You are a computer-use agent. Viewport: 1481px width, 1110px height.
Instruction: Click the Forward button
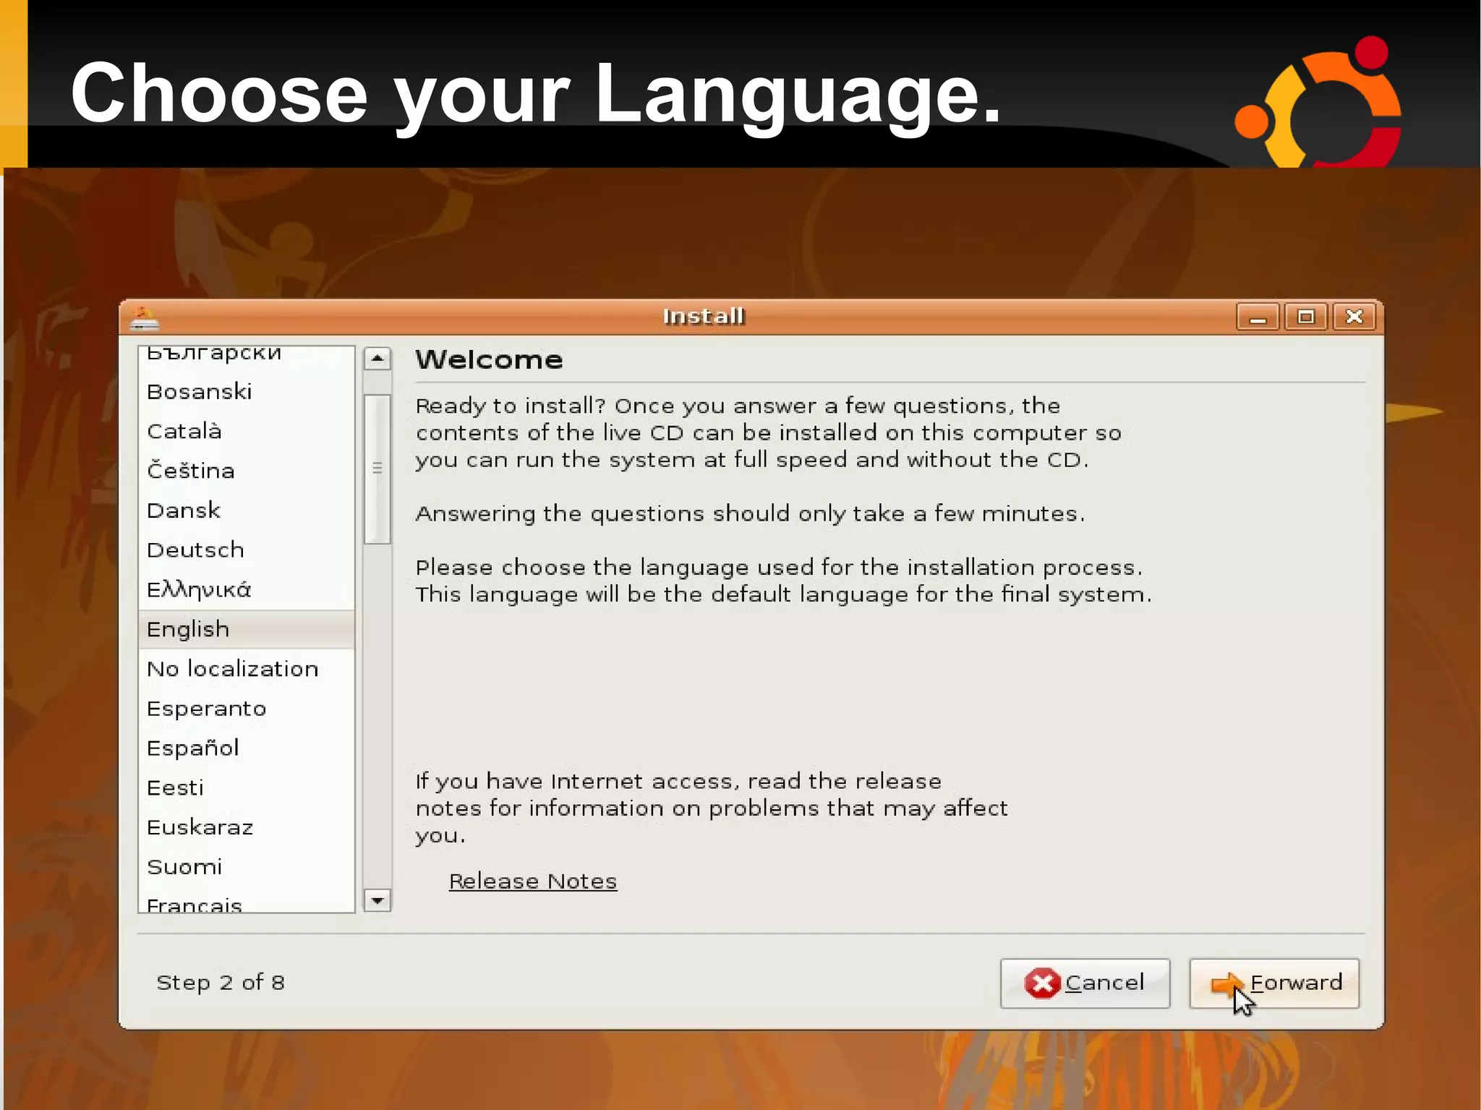[1274, 983]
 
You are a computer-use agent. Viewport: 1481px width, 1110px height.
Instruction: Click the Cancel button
[1085, 983]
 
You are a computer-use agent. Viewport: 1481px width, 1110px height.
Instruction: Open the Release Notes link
[533, 881]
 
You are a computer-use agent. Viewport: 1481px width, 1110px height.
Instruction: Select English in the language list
[188, 629]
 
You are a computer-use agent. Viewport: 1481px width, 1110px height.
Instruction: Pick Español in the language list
[192, 748]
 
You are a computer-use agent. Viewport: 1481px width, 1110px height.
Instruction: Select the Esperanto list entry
[206, 708]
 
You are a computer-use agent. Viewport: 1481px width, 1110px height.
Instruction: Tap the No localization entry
[232, 668]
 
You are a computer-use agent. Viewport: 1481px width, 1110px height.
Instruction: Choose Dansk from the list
[184, 511]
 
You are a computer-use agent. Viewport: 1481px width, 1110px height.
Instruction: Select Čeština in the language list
[191, 471]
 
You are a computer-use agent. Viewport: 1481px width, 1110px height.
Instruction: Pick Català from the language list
[184, 431]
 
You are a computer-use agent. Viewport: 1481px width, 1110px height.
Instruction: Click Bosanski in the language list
[200, 391]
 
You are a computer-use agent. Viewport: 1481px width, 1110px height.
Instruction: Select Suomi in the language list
[184, 866]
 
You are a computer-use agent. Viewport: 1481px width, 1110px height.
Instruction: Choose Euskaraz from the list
[200, 827]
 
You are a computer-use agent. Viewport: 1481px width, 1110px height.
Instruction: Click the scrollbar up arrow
[377, 359]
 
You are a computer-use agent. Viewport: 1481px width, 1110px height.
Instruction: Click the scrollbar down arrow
[377, 900]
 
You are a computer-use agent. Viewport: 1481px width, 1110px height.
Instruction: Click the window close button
[1354, 317]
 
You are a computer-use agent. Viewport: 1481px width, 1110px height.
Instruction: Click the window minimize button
[1258, 317]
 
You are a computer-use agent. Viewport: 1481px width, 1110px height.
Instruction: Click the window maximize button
[1305, 317]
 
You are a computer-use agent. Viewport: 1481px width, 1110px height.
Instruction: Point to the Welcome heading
[489, 360]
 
